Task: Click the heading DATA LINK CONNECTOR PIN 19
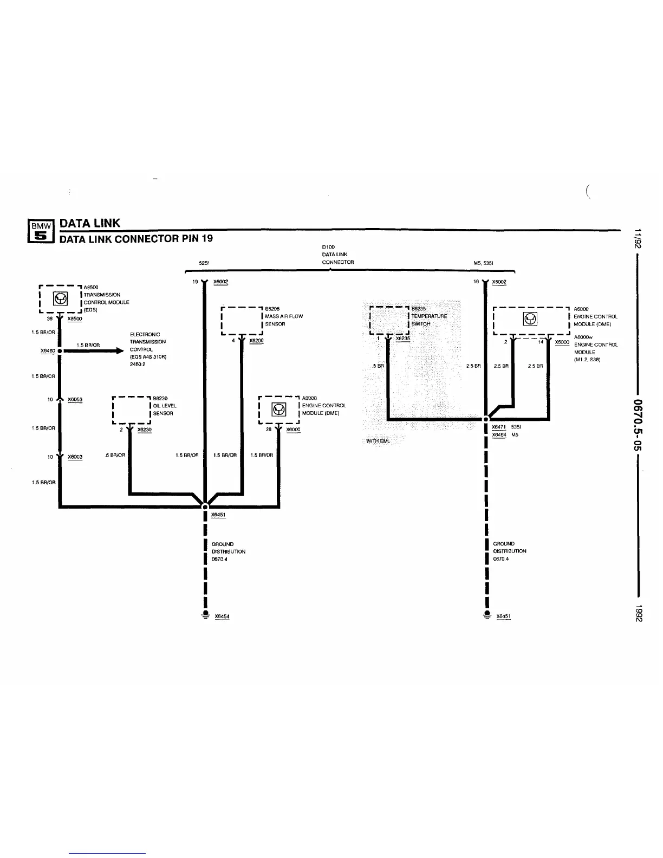[136, 238]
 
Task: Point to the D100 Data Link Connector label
[337, 255]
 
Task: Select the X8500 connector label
[75, 319]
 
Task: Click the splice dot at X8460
[60, 351]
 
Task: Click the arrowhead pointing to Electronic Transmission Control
[120, 351]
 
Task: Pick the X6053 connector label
[75, 400]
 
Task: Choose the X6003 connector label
[75, 457]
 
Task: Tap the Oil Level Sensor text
[164, 409]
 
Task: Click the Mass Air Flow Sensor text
[283, 320]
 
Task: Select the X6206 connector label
[256, 341]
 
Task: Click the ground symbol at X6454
[205, 614]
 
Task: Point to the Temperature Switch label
[428, 320]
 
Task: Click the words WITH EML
[378, 441]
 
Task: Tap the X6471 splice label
[499, 427]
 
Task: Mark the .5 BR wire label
[378, 366]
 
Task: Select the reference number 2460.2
[138, 365]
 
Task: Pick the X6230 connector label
[144, 430]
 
